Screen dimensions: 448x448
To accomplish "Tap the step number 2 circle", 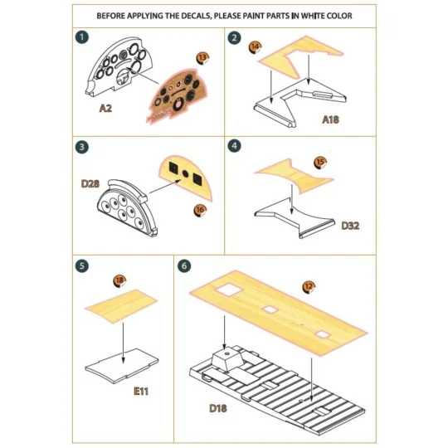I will (x=235, y=38).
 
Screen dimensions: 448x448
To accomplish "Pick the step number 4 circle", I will (x=235, y=146).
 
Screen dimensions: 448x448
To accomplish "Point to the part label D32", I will (x=349, y=225).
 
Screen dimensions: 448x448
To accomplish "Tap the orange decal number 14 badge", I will (x=255, y=46).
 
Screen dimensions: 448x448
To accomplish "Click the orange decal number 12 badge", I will (x=309, y=287).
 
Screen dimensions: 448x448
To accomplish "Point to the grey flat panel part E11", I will (x=123, y=364).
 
